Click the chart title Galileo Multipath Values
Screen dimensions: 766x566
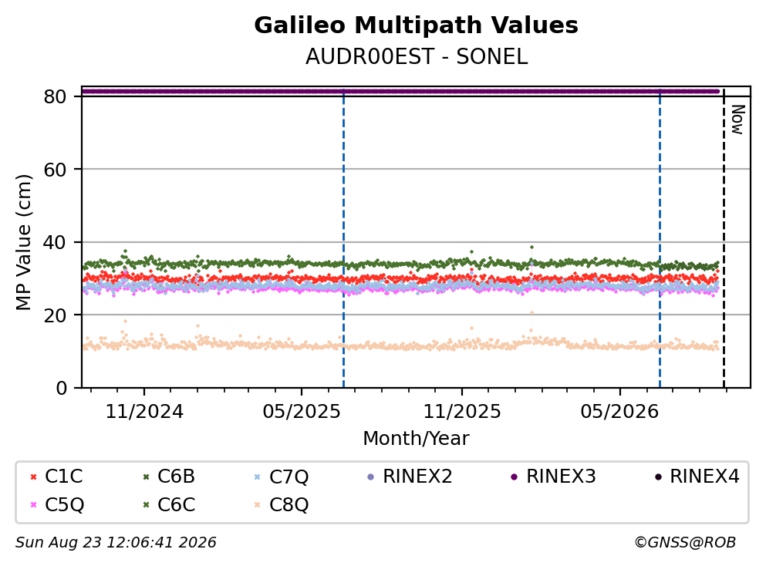pyautogui.click(x=416, y=25)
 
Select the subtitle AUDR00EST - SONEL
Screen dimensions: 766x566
pyautogui.click(x=417, y=57)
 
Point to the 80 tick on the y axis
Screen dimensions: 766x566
pyautogui.click(x=55, y=96)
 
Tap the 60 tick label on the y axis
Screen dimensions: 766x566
pyautogui.click(x=55, y=170)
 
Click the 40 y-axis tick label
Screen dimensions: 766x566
pyautogui.click(x=55, y=242)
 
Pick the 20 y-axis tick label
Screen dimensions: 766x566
pyautogui.click(x=55, y=315)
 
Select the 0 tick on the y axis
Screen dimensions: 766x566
pyautogui.click(x=61, y=388)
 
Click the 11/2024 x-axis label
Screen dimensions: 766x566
pyautogui.click(x=144, y=412)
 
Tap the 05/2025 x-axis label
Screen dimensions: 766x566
pyautogui.click(x=302, y=412)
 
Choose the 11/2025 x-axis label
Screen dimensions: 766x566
pyautogui.click(x=461, y=412)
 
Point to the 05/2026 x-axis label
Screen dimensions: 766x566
pyautogui.click(x=619, y=412)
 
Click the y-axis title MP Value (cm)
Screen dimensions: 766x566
pyautogui.click(x=23, y=242)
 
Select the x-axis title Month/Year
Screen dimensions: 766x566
pyautogui.click(x=416, y=438)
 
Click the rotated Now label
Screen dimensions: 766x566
pyautogui.click(x=737, y=120)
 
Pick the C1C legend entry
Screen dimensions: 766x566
pyautogui.click(x=56, y=476)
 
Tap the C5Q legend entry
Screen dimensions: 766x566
pyautogui.click(x=56, y=504)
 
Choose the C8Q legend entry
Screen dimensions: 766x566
pyautogui.click(x=282, y=504)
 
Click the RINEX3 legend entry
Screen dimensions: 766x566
pyautogui.click(x=553, y=476)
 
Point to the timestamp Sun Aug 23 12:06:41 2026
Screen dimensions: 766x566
pyautogui.click(x=116, y=543)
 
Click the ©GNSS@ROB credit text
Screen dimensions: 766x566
pyautogui.click(x=685, y=543)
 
